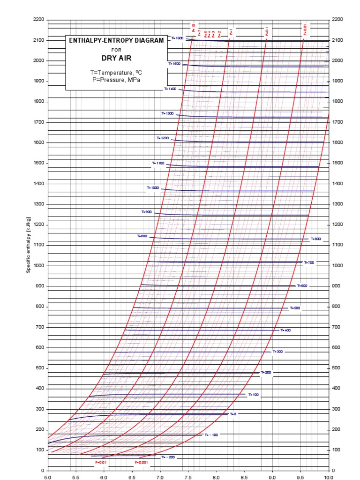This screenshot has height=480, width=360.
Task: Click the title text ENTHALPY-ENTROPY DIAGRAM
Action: point(116,41)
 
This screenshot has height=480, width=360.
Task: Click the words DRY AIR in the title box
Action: point(116,59)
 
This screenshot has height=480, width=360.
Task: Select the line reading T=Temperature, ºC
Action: point(116,73)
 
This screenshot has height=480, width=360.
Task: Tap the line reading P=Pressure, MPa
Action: point(116,80)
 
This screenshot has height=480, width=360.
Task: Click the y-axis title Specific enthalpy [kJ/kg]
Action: point(29,245)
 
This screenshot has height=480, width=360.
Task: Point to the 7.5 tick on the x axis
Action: point(188,477)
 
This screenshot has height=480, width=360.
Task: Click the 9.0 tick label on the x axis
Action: point(272,477)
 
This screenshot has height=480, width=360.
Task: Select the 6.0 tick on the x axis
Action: point(104,477)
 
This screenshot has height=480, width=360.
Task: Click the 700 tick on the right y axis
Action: point(337,327)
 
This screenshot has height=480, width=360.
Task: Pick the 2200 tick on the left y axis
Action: point(38,20)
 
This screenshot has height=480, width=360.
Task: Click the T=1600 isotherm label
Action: point(177,38)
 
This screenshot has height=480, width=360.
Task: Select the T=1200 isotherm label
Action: point(163,138)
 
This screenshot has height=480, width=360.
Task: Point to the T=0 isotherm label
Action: point(233,414)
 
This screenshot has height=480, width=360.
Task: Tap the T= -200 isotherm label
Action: point(168,457)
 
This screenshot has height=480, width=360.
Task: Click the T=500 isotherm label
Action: point(294,308)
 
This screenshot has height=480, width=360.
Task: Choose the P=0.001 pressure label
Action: point(141,462)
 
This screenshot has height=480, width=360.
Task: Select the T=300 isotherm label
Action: point(277,351)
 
